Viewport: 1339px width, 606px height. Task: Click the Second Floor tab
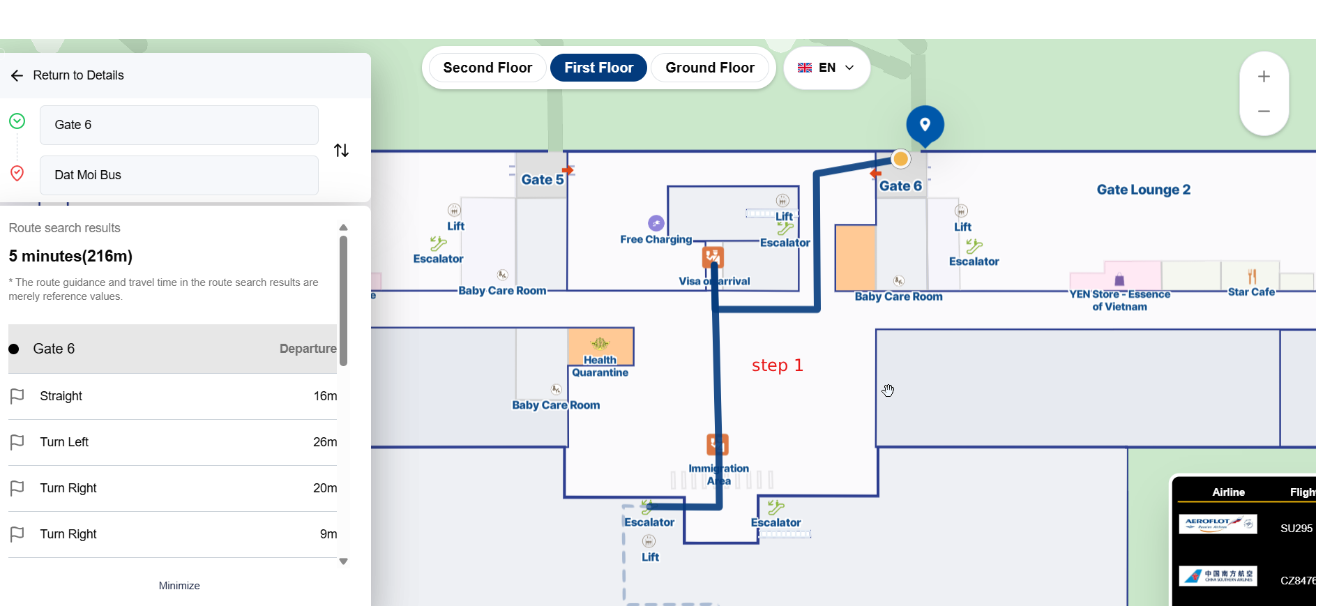[x=487, y=68]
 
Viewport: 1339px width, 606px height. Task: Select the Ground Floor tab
[x=709, y=68]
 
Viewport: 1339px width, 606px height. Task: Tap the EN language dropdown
[x=826, y=68]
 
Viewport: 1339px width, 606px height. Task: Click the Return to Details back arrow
[x=17, y=75]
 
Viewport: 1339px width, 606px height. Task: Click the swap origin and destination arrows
[x=341, y=150]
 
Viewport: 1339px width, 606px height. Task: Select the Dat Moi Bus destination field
[x=179, y=175]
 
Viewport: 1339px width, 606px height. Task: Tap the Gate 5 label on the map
[x=542, y=179]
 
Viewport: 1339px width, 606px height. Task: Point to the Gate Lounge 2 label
[x=1143, y=190]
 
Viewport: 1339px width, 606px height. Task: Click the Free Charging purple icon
[x=656, y=223]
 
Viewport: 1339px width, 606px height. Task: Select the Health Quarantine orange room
[x=600, y=346]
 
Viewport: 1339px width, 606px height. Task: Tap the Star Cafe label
[x=1251, y=292]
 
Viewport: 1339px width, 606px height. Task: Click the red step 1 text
[x=777, y=365]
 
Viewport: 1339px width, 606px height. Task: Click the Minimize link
[x=179, y=586]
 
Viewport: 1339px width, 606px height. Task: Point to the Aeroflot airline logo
[x=1218, y=524]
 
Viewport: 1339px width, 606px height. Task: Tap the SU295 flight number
[x=1296, y=529]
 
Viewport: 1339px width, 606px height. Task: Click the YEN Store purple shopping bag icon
[x=1119, y=280]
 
